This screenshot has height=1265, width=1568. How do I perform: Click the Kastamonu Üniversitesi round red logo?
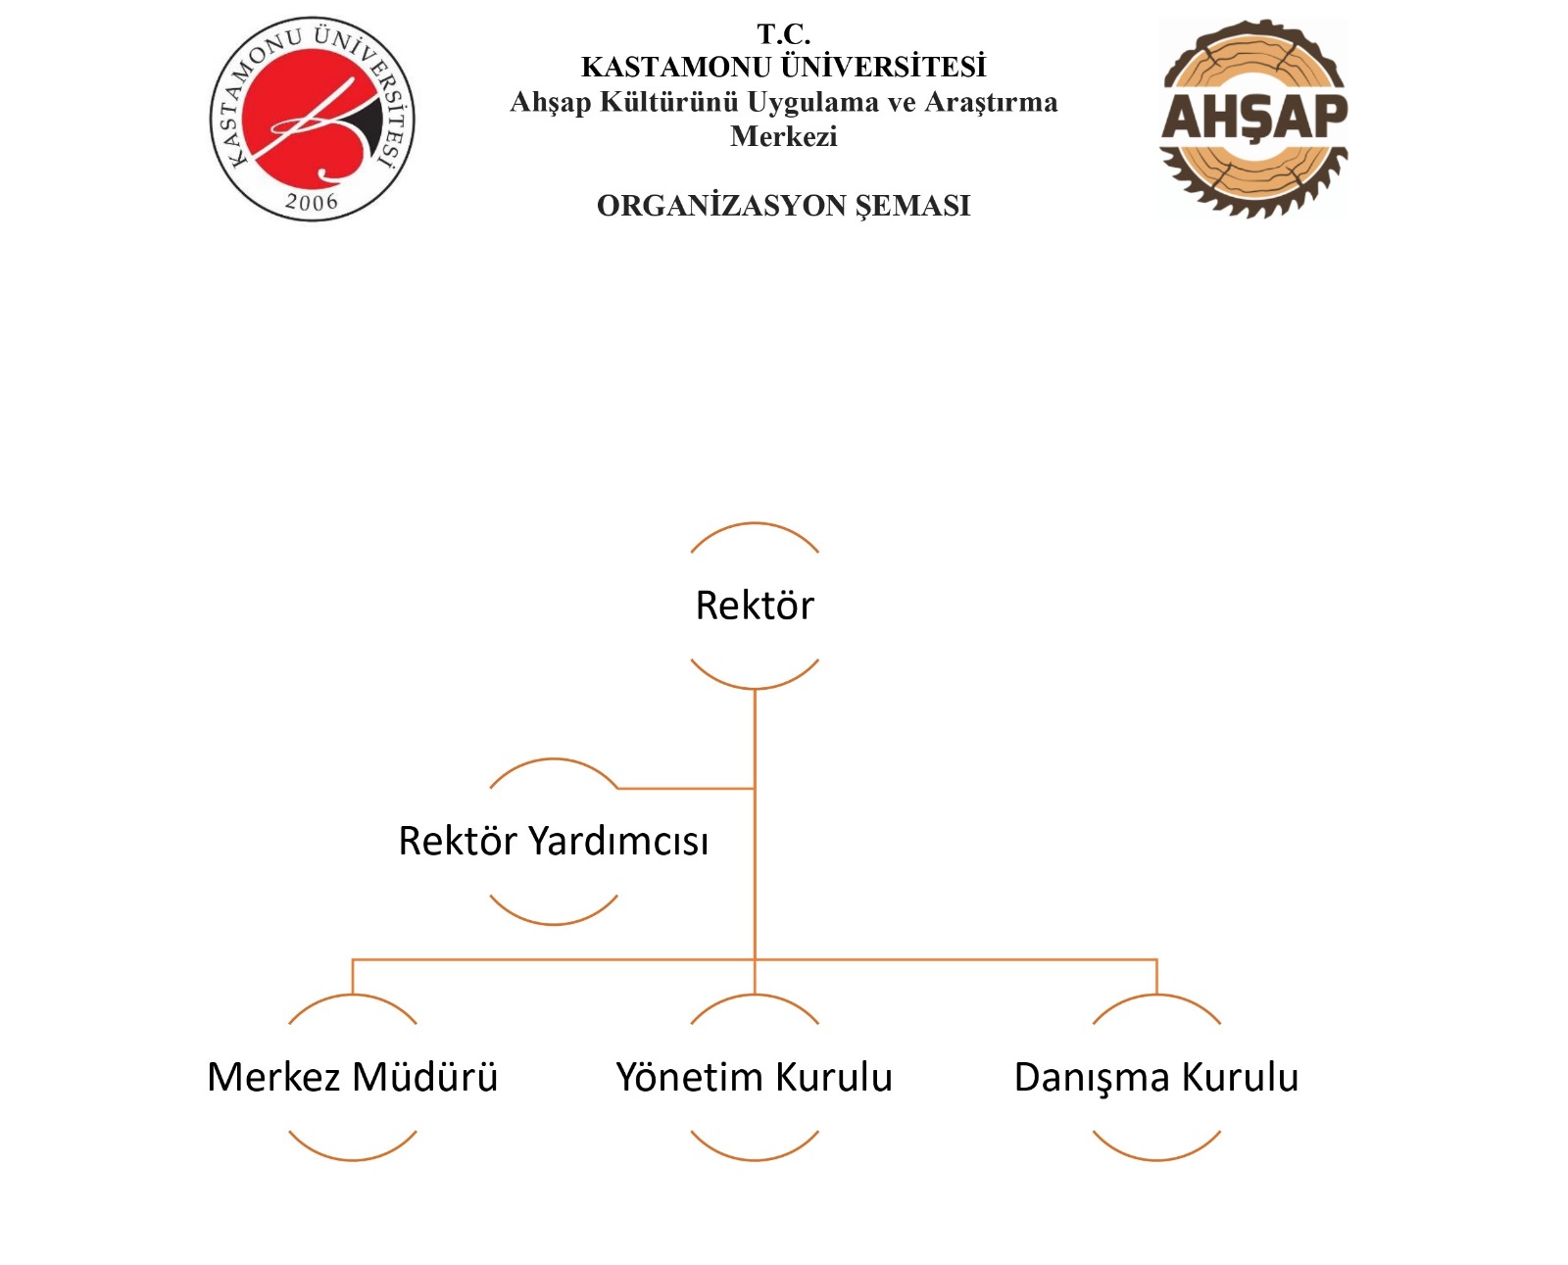click(312, 119)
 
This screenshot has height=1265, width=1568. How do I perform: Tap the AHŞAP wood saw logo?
click(1253, 119)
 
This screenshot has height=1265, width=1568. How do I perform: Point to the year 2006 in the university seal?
click(312, 201)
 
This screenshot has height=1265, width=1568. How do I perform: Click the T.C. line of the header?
click(783, 33)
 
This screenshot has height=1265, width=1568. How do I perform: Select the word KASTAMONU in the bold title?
click(676, 67)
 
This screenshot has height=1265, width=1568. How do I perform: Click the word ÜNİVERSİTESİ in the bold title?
click(884, 67)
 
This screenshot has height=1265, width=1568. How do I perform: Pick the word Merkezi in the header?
click(783, 136)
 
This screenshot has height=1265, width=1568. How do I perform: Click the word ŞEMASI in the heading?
click(913, 206)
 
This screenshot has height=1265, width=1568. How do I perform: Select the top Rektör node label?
click(755, 606)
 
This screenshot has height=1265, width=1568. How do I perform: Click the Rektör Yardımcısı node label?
click(553, 841)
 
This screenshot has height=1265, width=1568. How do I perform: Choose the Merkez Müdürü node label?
click(352, 1077)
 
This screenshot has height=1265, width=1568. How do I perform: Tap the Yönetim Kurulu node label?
click(755, 1077)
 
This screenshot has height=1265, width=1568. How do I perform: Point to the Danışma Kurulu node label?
click(1156, 1079)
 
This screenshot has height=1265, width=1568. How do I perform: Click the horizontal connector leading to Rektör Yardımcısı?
click(686, 789)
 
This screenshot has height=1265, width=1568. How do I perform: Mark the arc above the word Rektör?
click(755, 523)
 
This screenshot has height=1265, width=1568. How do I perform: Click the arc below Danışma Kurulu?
click(1156, 1159)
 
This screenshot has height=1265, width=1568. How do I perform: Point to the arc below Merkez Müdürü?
click(352, 1159)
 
